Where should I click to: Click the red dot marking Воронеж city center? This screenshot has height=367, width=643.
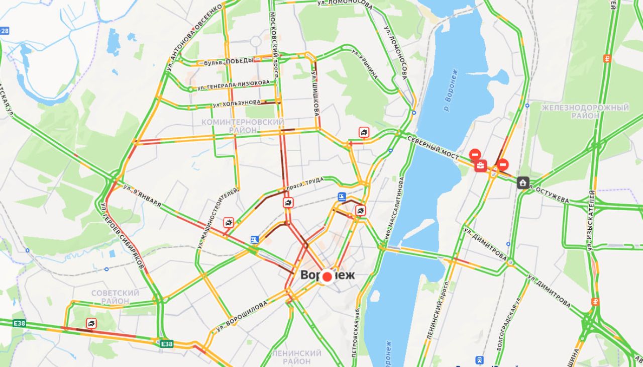click(x=327, y=277)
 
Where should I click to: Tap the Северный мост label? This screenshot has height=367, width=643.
click(x=433, y=148)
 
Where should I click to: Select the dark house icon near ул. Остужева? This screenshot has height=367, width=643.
click(x=523, y=182)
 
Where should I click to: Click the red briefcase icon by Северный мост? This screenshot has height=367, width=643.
click(x=481, y=165)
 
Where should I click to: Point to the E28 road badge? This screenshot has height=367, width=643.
click(x=5, y=31)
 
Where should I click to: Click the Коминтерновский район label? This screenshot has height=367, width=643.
click(x=243, y=126)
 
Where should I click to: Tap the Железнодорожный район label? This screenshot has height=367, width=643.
click(x=585, y=112)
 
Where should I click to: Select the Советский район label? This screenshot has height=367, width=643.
click(x=115, y=297)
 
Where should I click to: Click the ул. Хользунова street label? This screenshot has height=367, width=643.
click(x=237, y=104)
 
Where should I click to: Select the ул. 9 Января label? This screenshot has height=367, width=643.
click(x=142, y=196)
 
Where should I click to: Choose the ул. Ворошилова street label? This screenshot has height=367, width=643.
click(x=242, y=317)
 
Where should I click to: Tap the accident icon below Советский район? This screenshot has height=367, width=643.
click(x=91, y=323)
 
